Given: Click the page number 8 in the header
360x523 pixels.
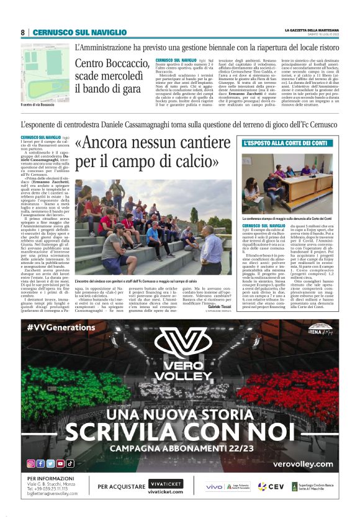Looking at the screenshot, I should tap(23, 32).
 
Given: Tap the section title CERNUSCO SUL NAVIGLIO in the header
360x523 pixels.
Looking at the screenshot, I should tap(79, 32).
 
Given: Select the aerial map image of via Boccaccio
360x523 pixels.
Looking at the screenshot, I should tap(45, 73).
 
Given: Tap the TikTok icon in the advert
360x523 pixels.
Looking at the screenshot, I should tap(70, 463).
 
